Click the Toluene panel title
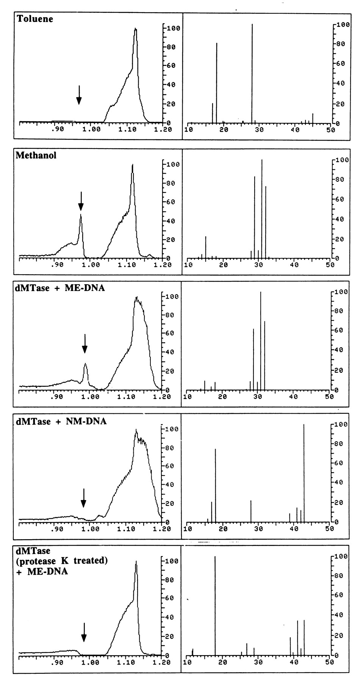(35, 19)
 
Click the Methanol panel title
(36, 155)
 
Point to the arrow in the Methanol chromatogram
(81, 201)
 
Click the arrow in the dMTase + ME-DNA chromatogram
(85, 343)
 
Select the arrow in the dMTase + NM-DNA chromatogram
(83, 498)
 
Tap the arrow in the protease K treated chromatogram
(84, 632)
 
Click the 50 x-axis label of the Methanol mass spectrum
(330, 265)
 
